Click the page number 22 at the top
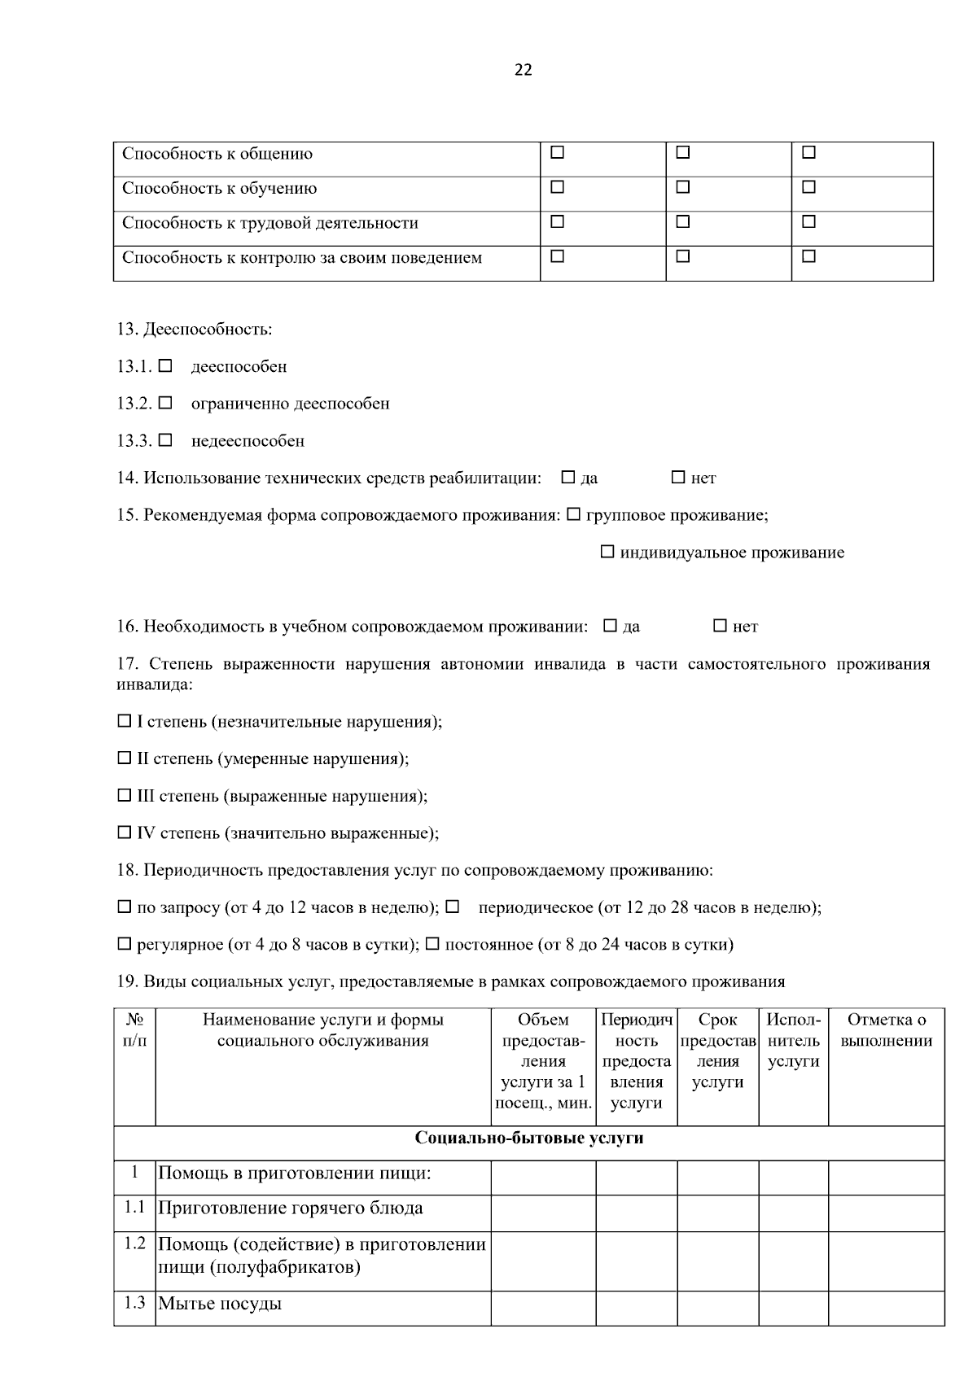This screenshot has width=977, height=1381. (524, 70)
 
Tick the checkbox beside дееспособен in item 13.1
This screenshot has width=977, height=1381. (165, 366)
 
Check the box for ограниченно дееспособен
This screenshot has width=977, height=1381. (165, 403)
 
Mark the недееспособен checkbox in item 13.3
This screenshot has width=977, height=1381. (165, 440)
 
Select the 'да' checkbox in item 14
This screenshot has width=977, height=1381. (568, 478)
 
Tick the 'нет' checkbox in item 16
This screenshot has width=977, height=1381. (720, 626)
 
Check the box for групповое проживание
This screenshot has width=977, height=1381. (573, 514)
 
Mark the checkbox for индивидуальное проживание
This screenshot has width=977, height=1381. (607, 552)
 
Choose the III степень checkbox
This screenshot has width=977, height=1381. (124, 795)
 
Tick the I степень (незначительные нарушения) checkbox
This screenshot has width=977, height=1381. (124, 721)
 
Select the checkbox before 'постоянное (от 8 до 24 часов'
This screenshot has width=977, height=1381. (432, 944)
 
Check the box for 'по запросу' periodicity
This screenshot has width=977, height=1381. (124, 907)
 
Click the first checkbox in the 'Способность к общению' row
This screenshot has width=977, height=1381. (558, 152)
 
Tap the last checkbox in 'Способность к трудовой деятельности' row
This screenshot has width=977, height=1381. (808, 221)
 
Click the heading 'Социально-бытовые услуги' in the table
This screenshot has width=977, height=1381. (529, 1138)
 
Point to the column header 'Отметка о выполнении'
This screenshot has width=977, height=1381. (886, 1030)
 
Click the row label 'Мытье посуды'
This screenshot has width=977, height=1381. (220, 1304)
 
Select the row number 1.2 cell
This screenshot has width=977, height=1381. (134, 1243)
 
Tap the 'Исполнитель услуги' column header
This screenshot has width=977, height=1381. (793, 1040)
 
